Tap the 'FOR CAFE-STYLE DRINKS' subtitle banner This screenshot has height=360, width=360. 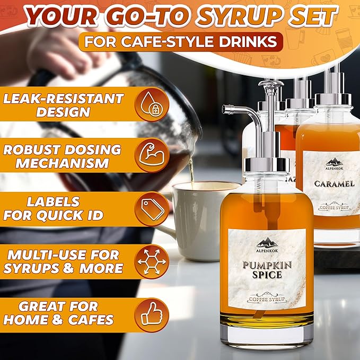coord(181,41)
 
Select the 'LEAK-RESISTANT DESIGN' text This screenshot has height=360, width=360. coord(63,104)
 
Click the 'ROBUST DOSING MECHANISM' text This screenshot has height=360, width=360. coord(63,156)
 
